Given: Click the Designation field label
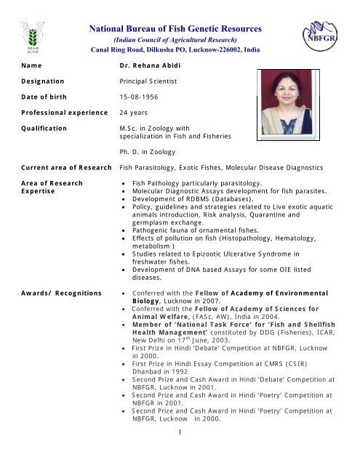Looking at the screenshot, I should [34, 81].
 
